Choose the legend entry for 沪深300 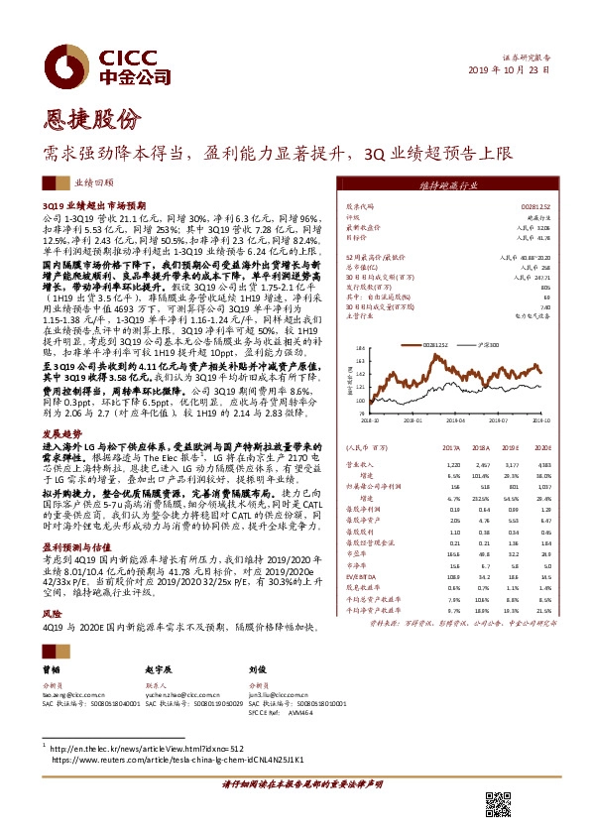[481, 343]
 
